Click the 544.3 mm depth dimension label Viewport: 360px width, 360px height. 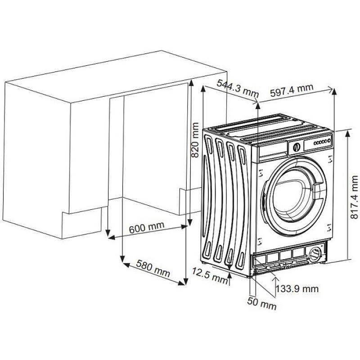tap(238, 88)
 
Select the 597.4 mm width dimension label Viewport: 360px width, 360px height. tap(292, 90)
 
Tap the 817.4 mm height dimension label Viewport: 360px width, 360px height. tap(354, 197)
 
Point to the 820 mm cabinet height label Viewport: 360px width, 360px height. tap(195, 140)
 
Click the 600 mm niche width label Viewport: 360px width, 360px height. tap(147, 227)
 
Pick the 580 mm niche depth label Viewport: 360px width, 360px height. tap(153, 268)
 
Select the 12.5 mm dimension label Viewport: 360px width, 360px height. tap(210, 276)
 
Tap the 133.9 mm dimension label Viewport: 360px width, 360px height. tap(297, 288)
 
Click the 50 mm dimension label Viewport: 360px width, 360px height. tap(262, 303)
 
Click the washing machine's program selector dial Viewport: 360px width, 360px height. tap(297, 147)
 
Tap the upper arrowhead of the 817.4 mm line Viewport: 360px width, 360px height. tap(347, 134)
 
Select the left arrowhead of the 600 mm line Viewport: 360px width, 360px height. tap(111, 238)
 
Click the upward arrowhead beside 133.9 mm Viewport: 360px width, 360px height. tap(275, 279)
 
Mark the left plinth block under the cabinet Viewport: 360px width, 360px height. tap(82, 223)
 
